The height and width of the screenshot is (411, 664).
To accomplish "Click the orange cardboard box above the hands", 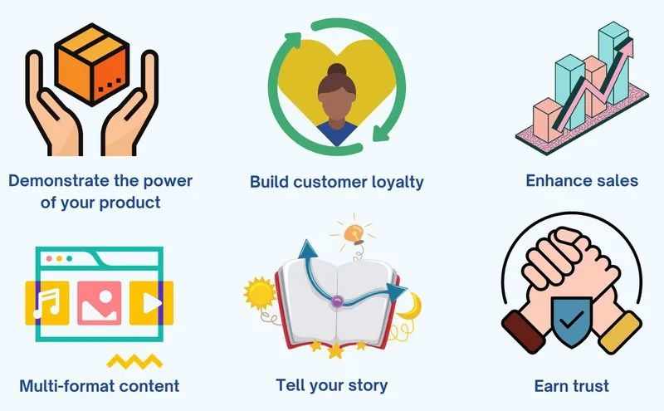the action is [92, 64].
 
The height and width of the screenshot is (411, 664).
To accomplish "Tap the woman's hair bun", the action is [337, 71].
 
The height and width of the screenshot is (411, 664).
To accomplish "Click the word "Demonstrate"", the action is [59, 181].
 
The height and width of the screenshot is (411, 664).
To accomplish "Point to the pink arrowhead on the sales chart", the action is [627, 47].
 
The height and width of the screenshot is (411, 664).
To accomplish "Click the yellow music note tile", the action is [47, 303].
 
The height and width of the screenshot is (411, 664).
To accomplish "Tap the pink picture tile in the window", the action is [100, 303].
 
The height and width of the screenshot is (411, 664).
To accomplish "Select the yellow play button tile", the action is [151, 303].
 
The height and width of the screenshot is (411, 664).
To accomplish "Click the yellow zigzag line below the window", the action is [134, 361].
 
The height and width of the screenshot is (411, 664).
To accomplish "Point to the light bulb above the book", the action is [354, 234].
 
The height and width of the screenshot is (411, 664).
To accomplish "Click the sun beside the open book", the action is [259, 293].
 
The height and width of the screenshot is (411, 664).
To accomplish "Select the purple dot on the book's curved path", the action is [337, 301].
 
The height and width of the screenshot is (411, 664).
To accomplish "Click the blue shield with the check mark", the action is [571, 319].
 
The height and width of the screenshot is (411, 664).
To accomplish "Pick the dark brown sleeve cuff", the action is [524, 332].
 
